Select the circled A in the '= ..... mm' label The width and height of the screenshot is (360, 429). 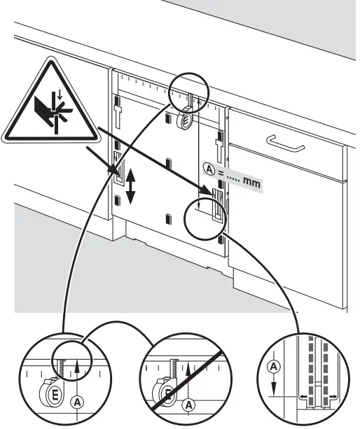coord(209,168)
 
